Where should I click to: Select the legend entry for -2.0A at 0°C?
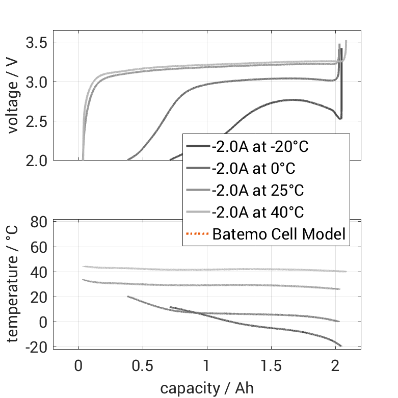click(254, 168)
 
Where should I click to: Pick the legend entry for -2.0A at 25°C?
click(258, 191)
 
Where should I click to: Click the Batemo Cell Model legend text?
click(279, 234)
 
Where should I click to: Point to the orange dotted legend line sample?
click(197, 234)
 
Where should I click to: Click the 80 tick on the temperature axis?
click(39, 222)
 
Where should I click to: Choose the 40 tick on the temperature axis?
click(39, 272)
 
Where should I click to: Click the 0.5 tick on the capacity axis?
click(143, 367)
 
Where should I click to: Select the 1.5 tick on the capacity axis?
click(271, 367)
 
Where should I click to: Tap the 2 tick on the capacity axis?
click(335, 367)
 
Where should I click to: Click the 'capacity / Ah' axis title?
click(207, 388)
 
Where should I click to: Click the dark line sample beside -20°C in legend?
click(197, 146)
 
